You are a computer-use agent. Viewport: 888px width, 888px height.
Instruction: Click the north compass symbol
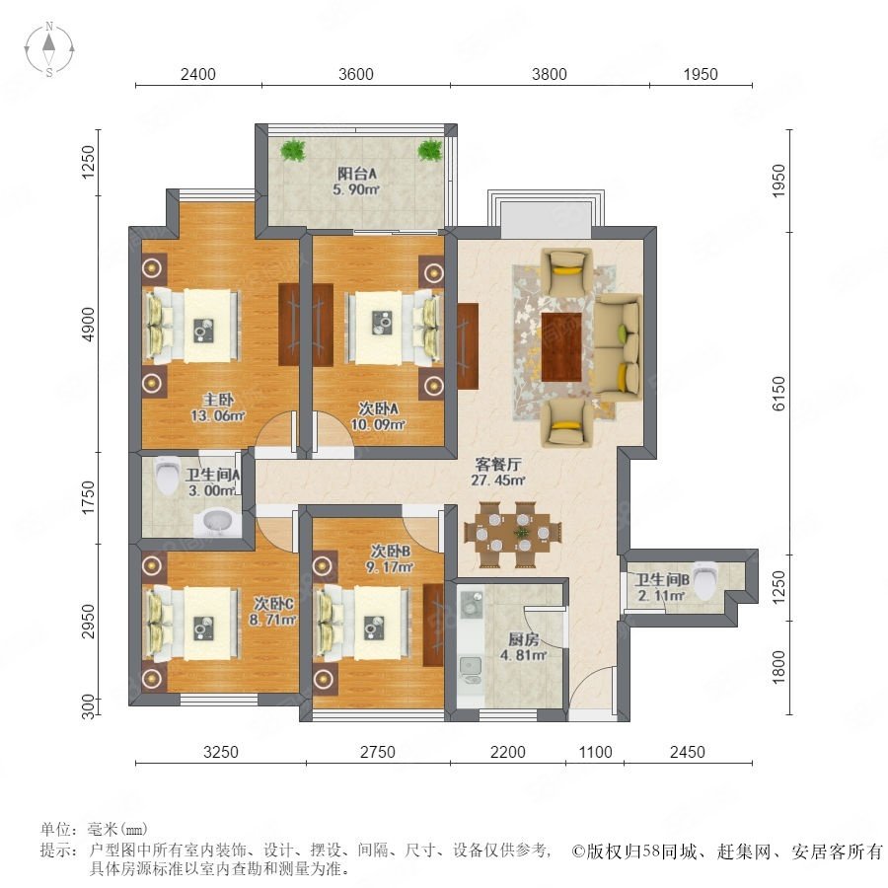(49, 48)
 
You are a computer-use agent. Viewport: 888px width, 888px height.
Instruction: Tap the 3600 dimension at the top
(355, 74)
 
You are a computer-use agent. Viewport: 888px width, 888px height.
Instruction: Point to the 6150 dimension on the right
(779, 393)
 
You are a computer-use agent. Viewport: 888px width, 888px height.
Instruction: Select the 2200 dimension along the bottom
(508, 752)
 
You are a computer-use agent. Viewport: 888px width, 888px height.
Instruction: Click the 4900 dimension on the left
(89, 325)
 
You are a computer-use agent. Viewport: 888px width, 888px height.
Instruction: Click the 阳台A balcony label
(357, 174)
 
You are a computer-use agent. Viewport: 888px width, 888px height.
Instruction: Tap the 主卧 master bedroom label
(218, 400)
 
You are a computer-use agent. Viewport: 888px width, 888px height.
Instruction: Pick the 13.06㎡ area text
(217, 415)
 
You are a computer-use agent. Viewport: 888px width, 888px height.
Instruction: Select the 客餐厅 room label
(498, 465)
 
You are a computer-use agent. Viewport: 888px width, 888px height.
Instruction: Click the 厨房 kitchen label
(523, 640)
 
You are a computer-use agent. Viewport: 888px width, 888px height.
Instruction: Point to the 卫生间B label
(661, 580)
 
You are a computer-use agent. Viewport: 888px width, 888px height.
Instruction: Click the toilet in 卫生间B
(705, 580)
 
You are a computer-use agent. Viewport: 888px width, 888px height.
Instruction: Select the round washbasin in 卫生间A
(216, 524)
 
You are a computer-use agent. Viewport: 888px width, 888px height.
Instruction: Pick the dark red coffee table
(561, 347)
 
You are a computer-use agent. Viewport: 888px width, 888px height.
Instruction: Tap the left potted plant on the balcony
(293, 150)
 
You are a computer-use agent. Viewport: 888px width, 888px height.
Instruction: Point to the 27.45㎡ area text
(498, 481)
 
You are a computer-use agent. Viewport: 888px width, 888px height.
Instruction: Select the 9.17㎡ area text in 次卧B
(390, 567)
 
